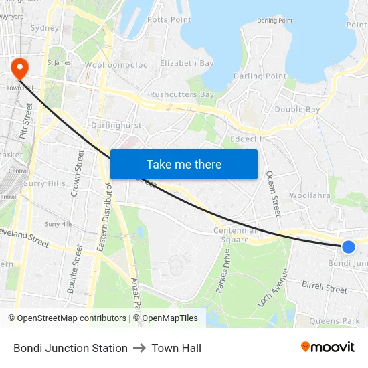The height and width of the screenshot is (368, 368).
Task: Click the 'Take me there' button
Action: tap(184, 164)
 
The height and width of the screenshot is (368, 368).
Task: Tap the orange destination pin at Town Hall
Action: tap(19, 67)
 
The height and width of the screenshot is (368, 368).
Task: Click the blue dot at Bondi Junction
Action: tap(348, 247)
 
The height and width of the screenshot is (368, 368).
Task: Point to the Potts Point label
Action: tap(169, 20)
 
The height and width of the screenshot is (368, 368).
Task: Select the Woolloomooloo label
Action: tap(116, 65)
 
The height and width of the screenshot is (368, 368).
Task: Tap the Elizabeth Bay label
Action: tap(187, 63)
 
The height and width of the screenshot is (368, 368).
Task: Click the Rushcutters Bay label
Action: tap(182, 95)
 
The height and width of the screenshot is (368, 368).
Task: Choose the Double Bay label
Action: tap(297, 109)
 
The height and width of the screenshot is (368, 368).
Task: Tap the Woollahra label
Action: tap(310, 195)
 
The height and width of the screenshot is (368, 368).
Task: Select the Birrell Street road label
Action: tap(325, 288)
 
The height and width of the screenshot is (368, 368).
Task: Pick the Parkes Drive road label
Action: tap(223, 271)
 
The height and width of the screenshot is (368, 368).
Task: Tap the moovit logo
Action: tap(328, 347)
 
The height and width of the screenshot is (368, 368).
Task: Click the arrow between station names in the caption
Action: tap(139, 348)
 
